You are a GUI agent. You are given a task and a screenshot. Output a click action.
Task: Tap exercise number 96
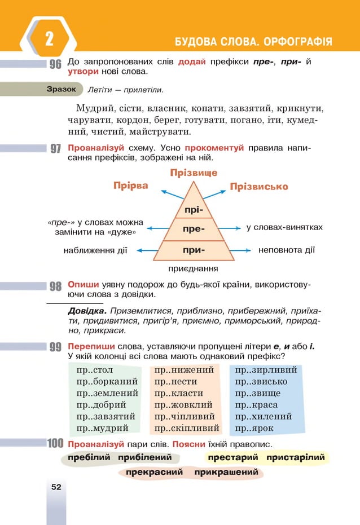[x=55, y=65]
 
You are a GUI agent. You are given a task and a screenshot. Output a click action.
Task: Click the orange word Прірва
[x=130, y=186]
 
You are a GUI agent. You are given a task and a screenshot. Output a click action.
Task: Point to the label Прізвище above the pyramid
[x=194, y=173]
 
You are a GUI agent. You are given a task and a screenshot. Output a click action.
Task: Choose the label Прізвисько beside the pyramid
[x=259, y=186]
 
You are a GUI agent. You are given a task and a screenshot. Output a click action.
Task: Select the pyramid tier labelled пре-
[x=194, y=230]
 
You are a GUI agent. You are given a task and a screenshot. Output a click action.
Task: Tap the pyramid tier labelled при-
[x=194, y=249]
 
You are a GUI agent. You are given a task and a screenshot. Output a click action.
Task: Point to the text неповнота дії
[x=286, y=249]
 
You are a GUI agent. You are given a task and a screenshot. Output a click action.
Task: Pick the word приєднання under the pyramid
[x=194, y=269]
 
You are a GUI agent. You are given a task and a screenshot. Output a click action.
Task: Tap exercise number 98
[x=55, y=286]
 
